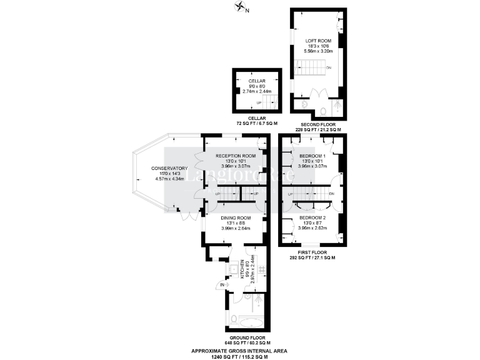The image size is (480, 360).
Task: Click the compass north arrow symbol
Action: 239,7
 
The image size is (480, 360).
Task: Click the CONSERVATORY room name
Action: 169,168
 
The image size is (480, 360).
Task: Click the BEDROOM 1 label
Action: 311,155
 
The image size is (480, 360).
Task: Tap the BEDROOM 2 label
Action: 311,217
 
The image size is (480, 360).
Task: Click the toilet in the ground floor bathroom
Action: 233,319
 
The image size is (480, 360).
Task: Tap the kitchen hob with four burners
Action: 261,270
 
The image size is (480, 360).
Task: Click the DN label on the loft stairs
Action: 328,67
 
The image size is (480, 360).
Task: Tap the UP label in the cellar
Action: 259,103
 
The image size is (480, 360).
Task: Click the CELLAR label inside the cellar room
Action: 257,81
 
